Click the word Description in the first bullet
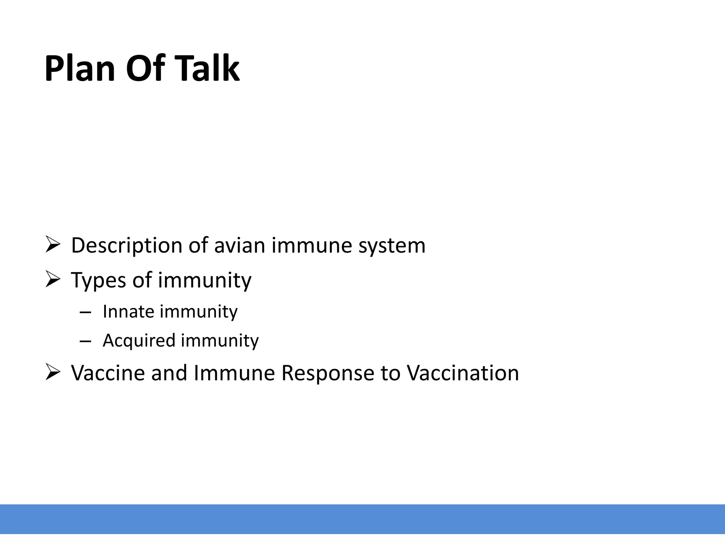pos(126,245)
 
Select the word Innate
pos(128,312)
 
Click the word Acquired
pos(139,340)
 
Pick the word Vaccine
pos(108,373)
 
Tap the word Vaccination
pos(462,373)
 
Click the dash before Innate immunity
pos(85,312)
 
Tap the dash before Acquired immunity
pos(85,341)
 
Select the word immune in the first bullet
pos(312,245)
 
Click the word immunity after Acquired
pos(220,340)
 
